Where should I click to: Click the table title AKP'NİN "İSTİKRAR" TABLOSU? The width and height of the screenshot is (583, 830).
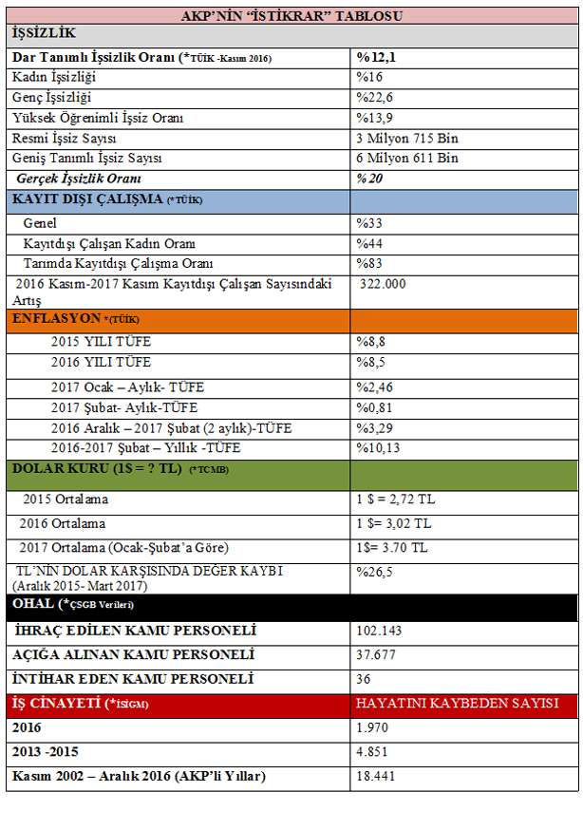pos(291,16)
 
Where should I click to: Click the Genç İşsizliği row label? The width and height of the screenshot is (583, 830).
pos(54,98)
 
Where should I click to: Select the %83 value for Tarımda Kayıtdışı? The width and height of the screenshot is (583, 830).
pos(369,263)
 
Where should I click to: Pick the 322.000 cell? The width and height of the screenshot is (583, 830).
pos(383,284)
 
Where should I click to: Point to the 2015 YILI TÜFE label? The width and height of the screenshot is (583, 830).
pos(101,341)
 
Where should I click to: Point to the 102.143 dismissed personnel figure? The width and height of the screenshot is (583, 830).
pos(380,631)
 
